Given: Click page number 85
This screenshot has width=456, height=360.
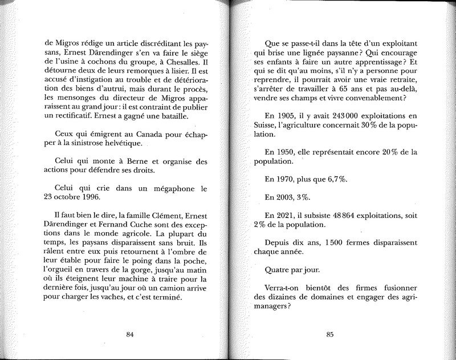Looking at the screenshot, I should point(329,335).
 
